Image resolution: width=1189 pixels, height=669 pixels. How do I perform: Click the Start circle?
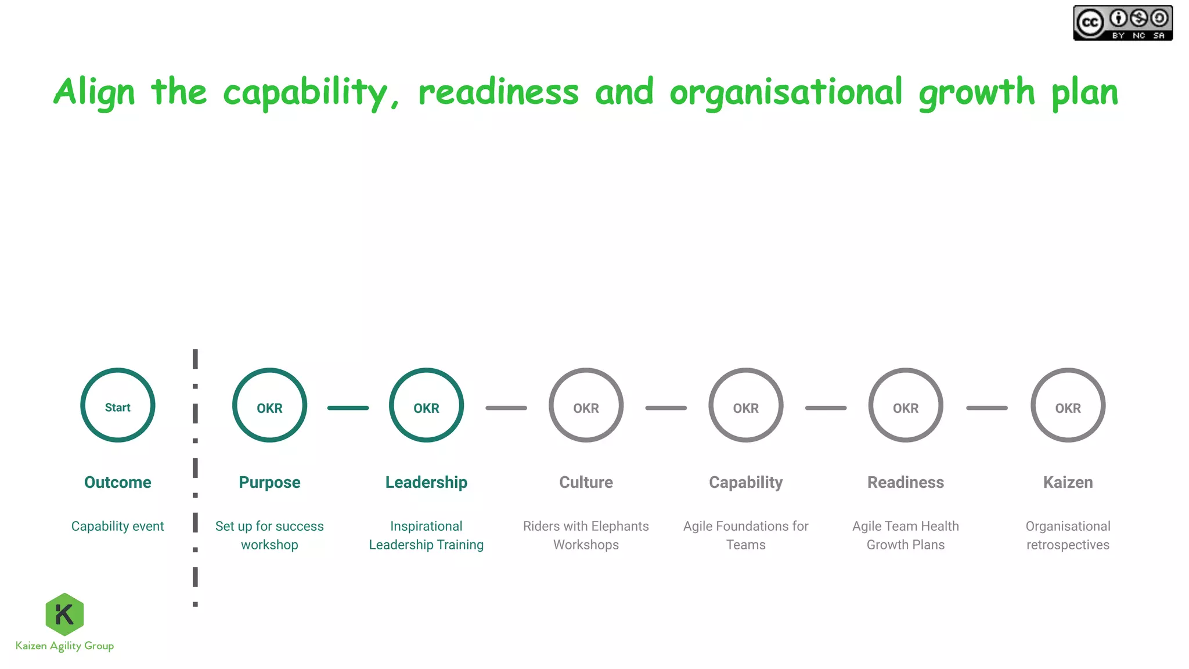pos(118,405)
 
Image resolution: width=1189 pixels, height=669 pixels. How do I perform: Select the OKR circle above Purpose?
pos(269,405)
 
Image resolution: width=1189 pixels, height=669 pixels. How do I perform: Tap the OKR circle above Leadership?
pos(426,405)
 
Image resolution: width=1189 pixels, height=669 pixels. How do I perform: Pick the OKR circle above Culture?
pos(586,405)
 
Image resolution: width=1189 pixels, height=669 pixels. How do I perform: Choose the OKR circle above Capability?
pos(745,405)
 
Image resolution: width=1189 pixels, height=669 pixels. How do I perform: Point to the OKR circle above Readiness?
pos(905,405)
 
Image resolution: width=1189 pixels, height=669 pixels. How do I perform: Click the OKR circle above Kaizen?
pos(1068,405)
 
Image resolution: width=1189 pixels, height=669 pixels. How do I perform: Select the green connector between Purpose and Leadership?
pos(348,408)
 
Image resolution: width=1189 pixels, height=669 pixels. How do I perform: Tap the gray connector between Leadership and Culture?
pos(506,408)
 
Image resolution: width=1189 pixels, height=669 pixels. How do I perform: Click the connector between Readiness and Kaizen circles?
pos(986,408)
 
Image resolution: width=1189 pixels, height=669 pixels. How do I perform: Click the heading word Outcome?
pos(118,482)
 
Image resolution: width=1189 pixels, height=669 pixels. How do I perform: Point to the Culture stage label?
pos(586,482)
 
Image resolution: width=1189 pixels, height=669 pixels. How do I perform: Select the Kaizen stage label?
pos(1068,482)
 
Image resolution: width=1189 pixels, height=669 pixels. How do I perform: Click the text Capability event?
pos(118,526)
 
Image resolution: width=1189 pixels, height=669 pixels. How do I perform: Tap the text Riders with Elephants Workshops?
pos(586,535)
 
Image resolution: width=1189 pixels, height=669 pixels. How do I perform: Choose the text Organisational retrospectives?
pos(1068,535)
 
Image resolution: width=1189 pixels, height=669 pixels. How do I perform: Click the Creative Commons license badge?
pos(1123,23)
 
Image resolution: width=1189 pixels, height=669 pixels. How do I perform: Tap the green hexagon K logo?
pos(64,614)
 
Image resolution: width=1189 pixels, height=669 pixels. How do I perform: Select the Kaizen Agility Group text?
pos(64,646)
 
